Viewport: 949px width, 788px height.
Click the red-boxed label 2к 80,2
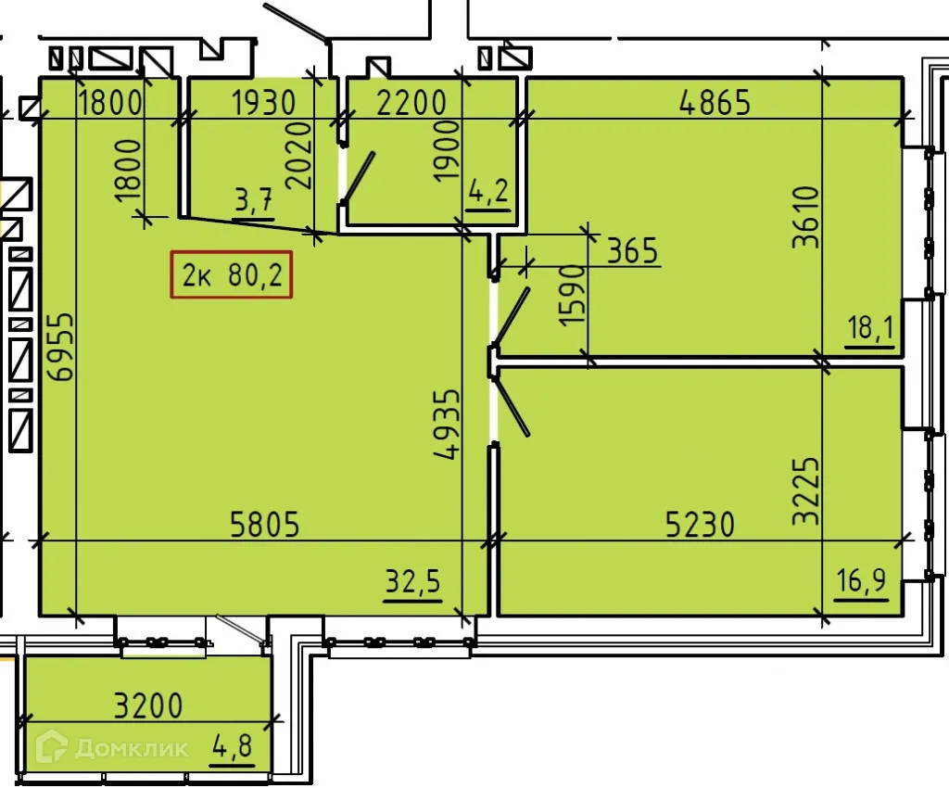point(231,275)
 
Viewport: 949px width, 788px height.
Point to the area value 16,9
point(861,582)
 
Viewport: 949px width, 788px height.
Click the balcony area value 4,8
point(231,746)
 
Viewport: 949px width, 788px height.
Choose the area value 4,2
point(488,195)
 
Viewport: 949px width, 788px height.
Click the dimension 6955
point(61,346)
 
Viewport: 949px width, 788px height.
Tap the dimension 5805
point(265,526)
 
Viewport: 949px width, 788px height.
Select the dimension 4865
point(714,102)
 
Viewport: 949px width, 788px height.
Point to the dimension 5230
point(701,526)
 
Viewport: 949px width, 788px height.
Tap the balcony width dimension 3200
point(148,706)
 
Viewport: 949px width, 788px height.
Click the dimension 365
point(633,250)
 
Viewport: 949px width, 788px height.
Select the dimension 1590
point(573,294)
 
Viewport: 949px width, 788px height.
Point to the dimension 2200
point(411,102)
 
